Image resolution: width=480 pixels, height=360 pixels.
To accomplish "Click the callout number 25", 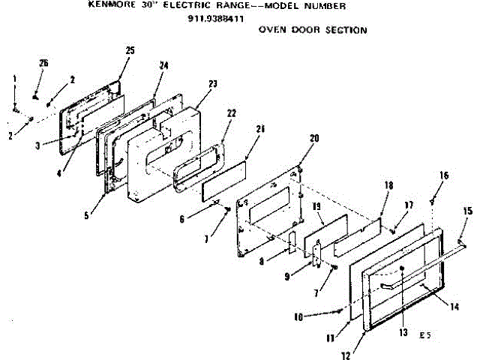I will (130, 50).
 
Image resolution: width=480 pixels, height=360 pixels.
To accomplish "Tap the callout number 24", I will (164, 65).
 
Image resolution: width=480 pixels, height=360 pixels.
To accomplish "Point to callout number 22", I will (232, 112).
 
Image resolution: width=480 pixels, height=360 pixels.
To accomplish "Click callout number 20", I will (314, 138).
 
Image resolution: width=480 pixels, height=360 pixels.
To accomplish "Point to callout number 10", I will (298, 316).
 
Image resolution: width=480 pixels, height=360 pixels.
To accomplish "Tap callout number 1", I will (13, 79).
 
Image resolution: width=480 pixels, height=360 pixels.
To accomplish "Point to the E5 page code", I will (425, 334).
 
